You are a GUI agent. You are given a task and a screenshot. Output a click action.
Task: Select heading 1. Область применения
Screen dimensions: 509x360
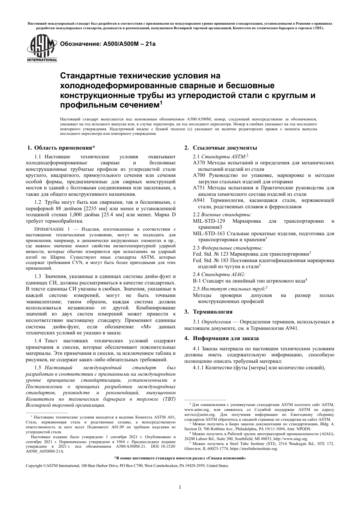coord(61,148)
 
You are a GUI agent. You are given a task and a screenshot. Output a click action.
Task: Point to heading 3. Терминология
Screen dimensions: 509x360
coord(208,312)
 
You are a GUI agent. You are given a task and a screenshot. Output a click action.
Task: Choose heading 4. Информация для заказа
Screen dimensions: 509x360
coord(221,338)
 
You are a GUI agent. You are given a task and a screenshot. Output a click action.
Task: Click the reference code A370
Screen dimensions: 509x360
coord(199,163)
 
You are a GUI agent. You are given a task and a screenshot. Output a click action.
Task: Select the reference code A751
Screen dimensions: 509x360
coord(199,188)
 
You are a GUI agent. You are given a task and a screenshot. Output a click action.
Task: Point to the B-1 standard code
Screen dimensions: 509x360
coord(197,281)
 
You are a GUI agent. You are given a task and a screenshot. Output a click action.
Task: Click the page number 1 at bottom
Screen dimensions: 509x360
coord(180,487)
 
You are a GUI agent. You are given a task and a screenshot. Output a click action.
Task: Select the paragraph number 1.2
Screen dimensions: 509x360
coord(38,202)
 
